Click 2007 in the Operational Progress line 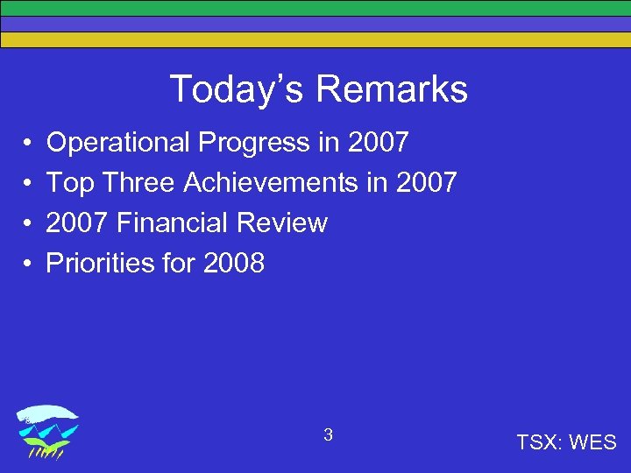[378, 143]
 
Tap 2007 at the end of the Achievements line [427, 183]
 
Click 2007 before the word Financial [77, 223]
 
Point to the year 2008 [233, 264]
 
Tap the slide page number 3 [328, 434]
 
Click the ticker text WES [592, 443]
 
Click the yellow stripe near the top [315, 39]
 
